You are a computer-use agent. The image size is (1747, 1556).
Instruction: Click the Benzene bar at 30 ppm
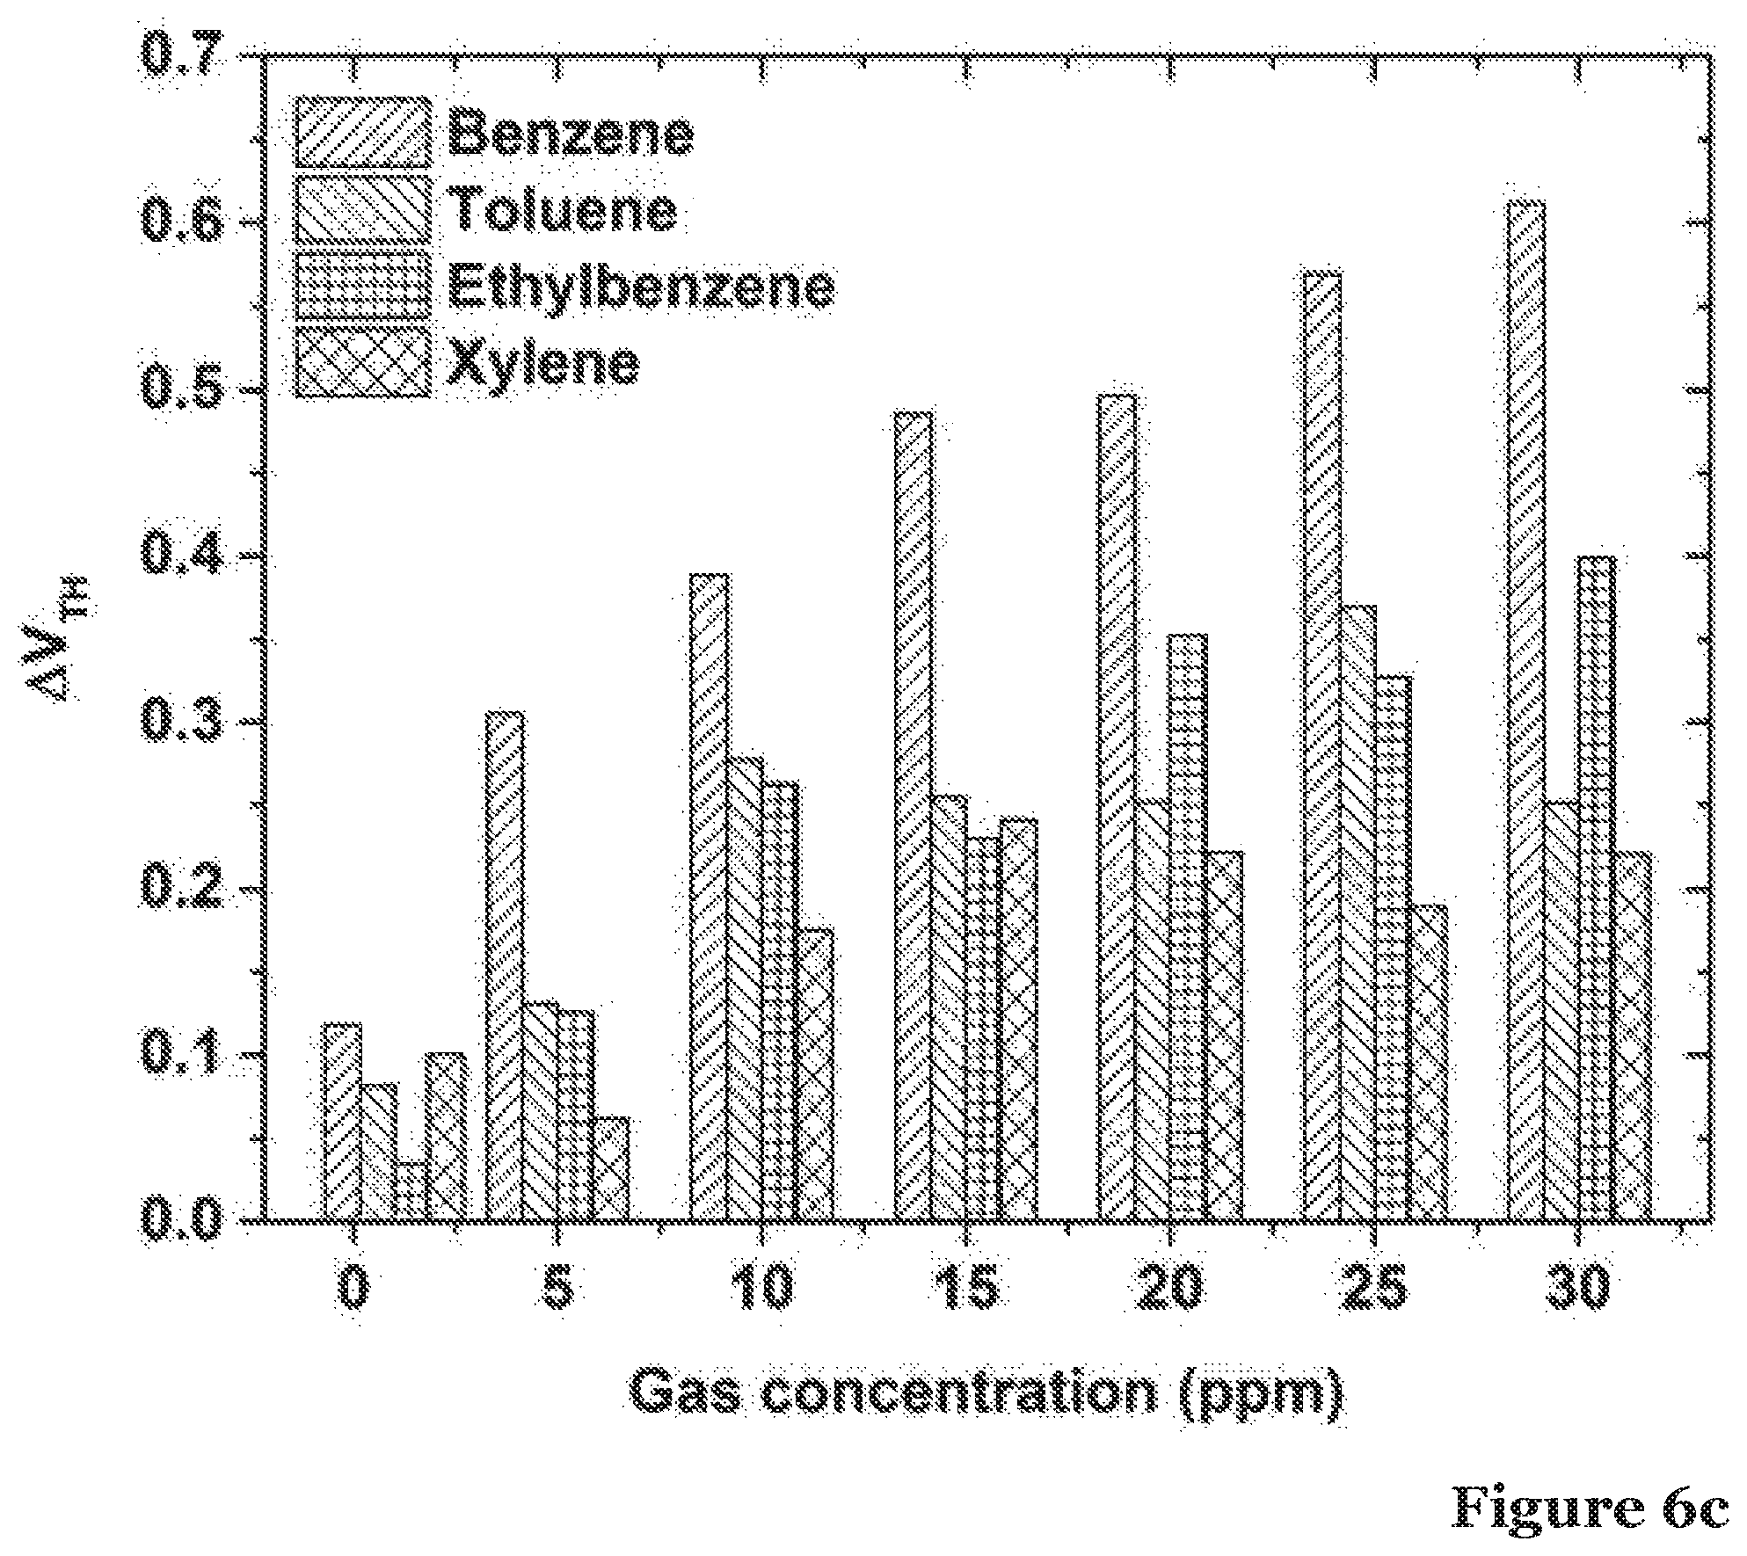tap(1526, 711)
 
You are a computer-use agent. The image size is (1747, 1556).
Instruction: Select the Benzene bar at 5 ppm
tap(505, 966)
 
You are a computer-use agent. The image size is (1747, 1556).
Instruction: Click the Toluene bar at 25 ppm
tap(1358, 913)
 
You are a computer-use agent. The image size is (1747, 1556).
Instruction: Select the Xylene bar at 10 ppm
tap(815, 1075)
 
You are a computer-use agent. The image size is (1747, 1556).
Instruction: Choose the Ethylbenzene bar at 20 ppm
tap(1189, 927)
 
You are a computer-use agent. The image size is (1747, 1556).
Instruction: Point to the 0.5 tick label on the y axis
tap(180, 390)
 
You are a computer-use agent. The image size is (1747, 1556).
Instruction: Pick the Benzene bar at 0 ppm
tap(343, 1123)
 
